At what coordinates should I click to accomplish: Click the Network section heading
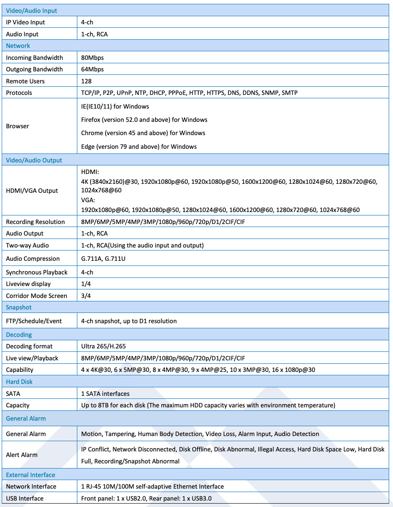point(18,46)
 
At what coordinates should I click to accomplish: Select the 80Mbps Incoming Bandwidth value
point(92,58)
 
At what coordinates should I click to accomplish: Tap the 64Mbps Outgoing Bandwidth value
point(92,69)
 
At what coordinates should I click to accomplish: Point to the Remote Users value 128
point(86,81)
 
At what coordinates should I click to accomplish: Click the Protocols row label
point(19,93)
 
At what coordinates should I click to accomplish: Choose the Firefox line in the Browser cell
point(144,120)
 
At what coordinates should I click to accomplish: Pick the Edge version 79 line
point(139,147)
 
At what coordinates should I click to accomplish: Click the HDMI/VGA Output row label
point(32,191)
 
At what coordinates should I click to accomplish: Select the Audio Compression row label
point(33,259)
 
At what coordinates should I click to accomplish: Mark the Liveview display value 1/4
point(86,284)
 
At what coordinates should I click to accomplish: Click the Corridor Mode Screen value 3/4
point(86,296)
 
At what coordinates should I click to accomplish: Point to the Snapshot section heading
point(19,307)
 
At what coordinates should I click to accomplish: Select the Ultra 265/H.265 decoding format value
point(103,346)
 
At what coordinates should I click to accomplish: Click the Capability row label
point(20,370)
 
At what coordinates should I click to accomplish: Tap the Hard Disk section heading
point(19,382)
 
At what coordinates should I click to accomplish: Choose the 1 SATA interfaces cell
point(105,394)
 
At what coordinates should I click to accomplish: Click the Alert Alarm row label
point(22,455)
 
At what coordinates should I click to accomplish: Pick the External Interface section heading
point(30,475)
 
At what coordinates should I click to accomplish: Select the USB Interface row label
point(25,498)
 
